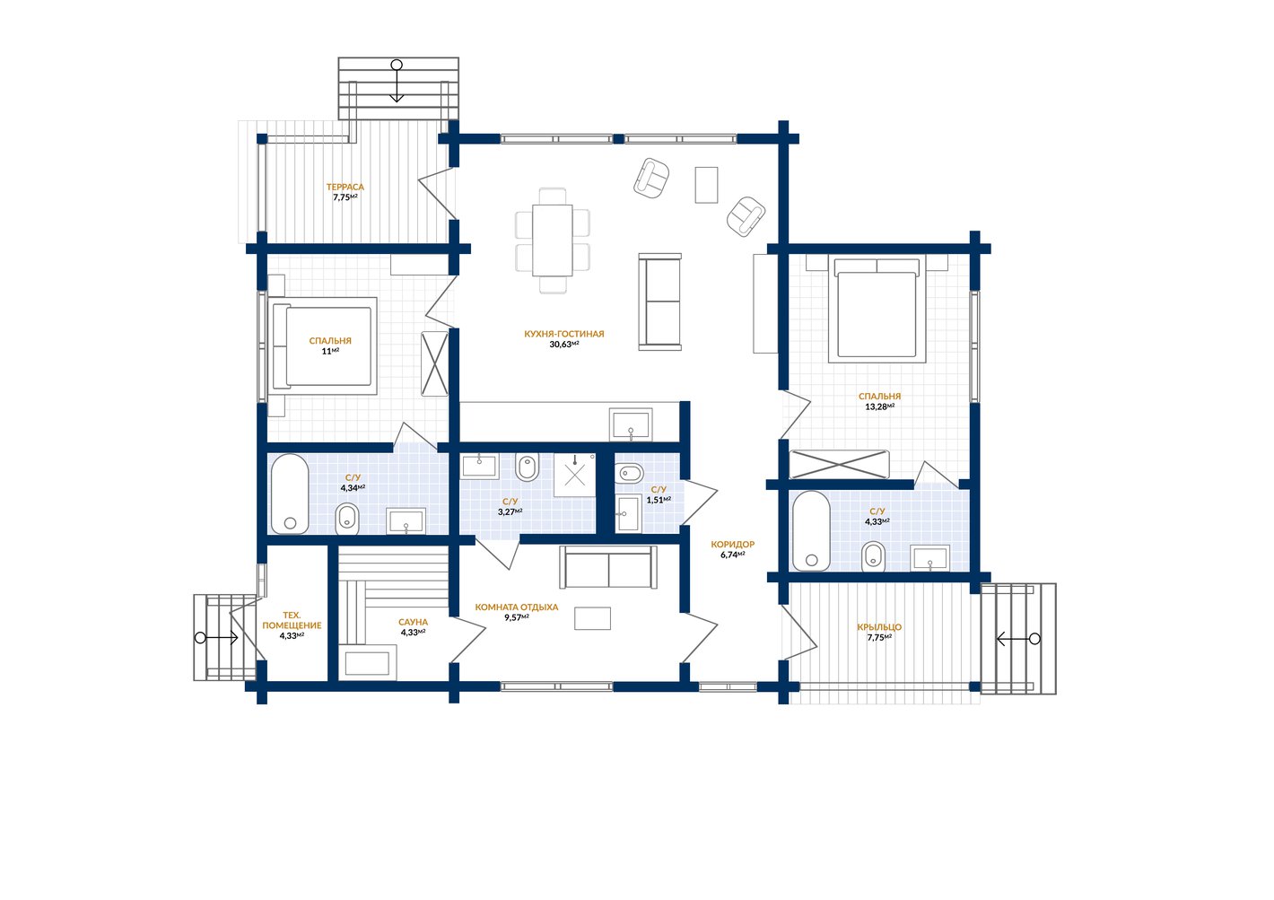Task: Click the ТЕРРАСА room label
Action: (x=345, y=187)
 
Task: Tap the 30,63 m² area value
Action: (x=563, y=345)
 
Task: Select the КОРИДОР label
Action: (x=732, y=545)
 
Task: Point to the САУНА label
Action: (x=413, y=623)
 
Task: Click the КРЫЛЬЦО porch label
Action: (x=879, y=627)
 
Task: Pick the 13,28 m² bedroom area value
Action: (x=879, y=406)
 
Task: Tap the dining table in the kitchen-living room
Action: (x=553, y=240)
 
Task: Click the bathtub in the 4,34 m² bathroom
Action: (x=290, y=494)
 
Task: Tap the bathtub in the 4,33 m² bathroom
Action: (x=811, y=531)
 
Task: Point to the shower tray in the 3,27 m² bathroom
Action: (x=574, y=475)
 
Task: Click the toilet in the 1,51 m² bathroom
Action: (x=628, y=473)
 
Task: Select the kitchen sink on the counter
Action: (x=631, y=424)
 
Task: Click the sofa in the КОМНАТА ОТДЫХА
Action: (x=608, y=566)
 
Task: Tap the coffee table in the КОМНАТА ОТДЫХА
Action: (x=592, y=618)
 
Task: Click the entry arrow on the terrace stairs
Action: (x=397, y=81)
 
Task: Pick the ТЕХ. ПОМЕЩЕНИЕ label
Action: (x=292, y=620)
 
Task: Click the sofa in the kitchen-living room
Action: (x=659, y=301)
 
